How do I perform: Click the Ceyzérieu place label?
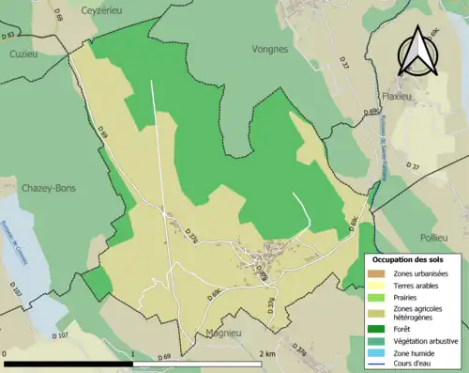tap(103, 10)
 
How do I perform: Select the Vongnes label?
tap(270, 47)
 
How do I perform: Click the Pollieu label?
tap(436, 211)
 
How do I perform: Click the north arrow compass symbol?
tap(417, 52)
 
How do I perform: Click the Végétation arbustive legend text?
tap(423, 340)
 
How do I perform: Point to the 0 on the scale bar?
tap(6, 353)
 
